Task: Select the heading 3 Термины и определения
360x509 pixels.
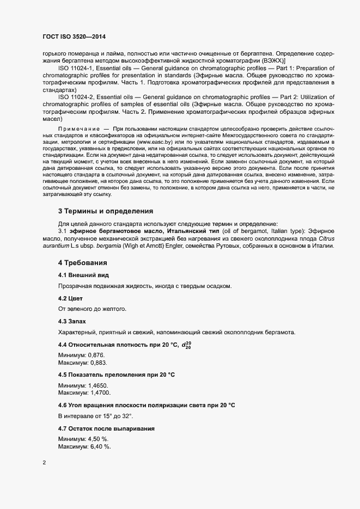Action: tap(106, 211)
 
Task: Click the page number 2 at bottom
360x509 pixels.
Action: tap(44, 463)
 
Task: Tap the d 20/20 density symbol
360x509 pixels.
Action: tap(187, 345)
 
